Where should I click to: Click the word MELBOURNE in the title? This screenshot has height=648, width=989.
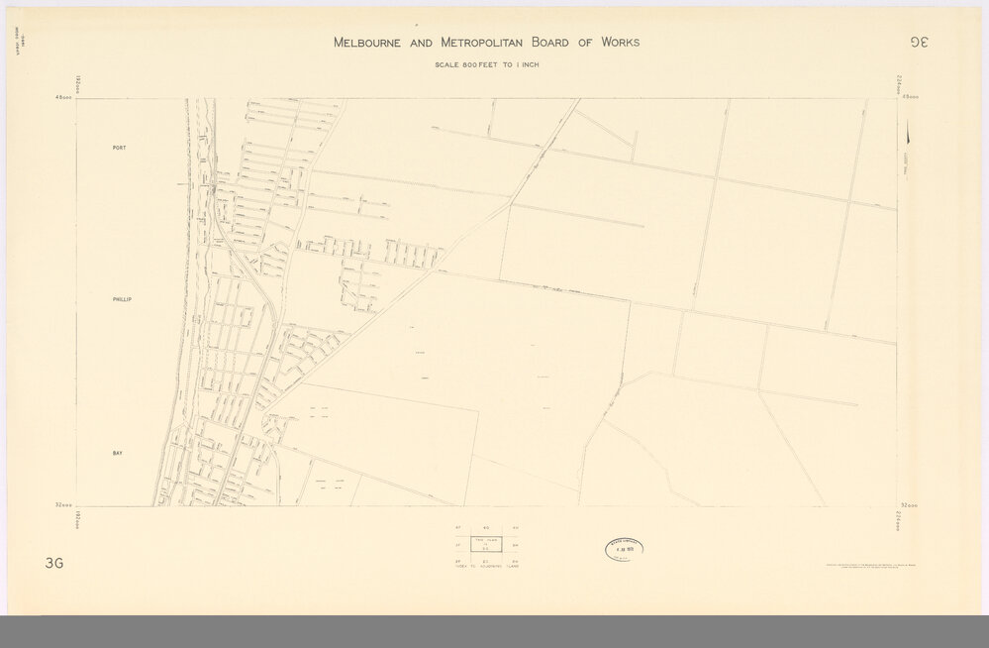372,43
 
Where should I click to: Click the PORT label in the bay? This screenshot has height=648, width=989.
119,148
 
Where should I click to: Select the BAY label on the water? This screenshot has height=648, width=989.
117,451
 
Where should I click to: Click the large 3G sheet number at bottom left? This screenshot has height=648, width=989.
53,565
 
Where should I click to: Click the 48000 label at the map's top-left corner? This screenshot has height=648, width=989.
65,97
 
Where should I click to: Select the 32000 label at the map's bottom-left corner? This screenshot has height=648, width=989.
65,506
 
